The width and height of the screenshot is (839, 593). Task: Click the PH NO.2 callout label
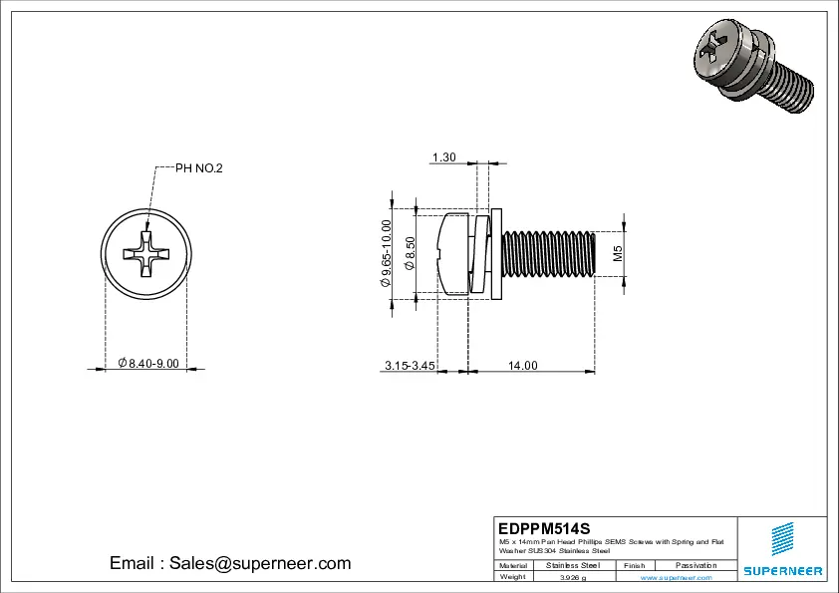click(x=199, y=168)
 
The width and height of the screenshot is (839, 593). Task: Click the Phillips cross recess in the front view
click(x=145, y=253)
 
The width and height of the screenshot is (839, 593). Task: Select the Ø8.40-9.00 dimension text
click(x=147, y=363)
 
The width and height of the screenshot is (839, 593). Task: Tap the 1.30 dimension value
click(x=444, y=157)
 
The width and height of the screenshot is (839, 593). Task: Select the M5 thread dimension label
click(x=618, y=253)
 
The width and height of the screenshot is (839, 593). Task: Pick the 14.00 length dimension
click(x=522, y=366)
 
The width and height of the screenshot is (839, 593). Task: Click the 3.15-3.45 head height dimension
click(x=410, y=366)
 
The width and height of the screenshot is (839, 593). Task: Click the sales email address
click(x=230, y=563)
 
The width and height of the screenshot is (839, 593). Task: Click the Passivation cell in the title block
click(x=696, y=565)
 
